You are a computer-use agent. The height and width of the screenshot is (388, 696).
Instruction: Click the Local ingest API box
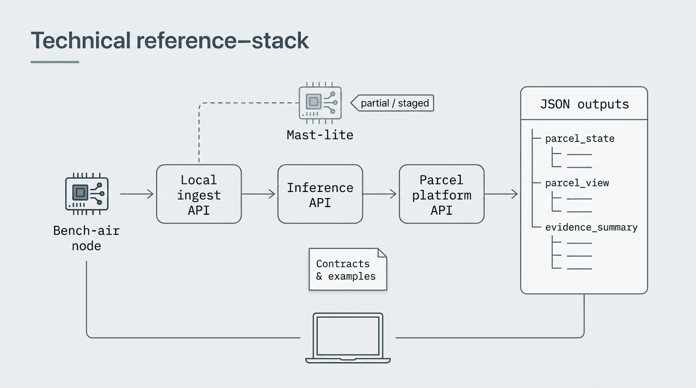point(199,194)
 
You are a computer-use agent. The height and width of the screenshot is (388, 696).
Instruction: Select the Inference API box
point(320,194)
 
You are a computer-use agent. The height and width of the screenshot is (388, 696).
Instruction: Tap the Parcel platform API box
point(442,194)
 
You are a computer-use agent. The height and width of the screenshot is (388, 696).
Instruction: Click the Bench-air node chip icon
point(86,193)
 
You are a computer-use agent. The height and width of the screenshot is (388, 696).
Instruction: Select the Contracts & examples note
point(347,269)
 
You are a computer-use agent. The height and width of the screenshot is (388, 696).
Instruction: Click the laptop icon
point(348,337)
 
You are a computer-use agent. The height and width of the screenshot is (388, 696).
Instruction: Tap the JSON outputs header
point(584,104)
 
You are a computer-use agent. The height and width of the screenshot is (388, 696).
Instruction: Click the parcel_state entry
point(580,138)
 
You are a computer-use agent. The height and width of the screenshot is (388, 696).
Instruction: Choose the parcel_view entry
point(577,183)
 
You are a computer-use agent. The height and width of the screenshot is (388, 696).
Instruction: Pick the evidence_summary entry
point(591,227)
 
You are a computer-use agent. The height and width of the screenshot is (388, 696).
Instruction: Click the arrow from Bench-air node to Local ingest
point(137,193)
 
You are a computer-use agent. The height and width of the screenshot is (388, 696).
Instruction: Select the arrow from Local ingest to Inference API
point(258,193)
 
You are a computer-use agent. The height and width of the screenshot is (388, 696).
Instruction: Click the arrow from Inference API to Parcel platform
point(380,193)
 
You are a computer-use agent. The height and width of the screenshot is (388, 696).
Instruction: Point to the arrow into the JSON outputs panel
point(501,193)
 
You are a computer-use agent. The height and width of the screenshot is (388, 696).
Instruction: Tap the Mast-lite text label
point(320,135)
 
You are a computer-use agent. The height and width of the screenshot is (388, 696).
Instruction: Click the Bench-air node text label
point(86,238)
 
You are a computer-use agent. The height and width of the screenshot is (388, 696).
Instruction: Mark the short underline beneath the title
point(55,62)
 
